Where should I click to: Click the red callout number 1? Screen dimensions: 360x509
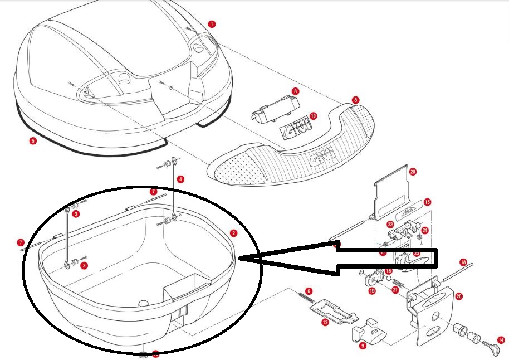click(212, 24)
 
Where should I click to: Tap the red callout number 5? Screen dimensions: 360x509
click(33, 141)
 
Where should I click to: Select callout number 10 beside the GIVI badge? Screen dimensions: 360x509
click(313, 116)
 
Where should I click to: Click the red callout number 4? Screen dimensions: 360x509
click(180, 179)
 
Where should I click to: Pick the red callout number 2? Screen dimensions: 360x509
click(234, 233)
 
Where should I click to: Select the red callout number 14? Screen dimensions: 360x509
click(501, 339)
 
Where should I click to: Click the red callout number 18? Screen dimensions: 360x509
click(463, 262)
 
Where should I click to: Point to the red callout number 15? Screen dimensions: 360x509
click(427, 202)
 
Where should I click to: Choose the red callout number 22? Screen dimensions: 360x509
click(391, 224)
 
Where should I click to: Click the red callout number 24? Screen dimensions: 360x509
click(425, 230)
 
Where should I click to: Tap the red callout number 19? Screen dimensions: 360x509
click(371, 290)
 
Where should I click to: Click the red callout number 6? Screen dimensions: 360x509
click(309, 291)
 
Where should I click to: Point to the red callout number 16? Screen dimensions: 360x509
click(389, 271)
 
